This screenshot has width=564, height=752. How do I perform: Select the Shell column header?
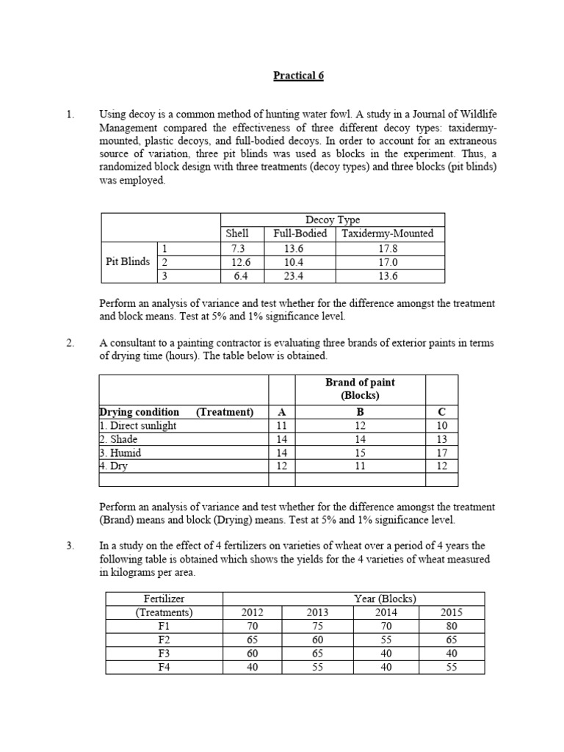(x=238, y=234)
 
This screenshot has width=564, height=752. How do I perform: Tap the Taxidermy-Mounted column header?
(x=389, y=234)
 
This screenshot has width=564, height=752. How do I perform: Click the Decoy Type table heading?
(x=332, y=220)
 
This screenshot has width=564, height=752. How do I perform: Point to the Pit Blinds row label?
(x=127, y=261)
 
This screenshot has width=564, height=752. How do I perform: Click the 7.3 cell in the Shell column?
(x=238, y=248)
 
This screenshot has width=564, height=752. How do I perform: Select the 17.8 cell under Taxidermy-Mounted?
(x=389, y=248)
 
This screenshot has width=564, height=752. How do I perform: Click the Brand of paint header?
(x=360, y=388)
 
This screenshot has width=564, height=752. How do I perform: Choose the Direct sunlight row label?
(x=140, y=426)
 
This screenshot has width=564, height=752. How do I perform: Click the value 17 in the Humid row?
(x=441, y=453)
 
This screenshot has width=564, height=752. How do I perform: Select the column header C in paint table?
(x=441, y=412)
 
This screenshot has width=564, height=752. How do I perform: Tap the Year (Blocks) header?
(x=385, y=599)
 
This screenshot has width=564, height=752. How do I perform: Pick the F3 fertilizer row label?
(x=164, y=653)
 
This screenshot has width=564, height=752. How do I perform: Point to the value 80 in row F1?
(x=451, y=626)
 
